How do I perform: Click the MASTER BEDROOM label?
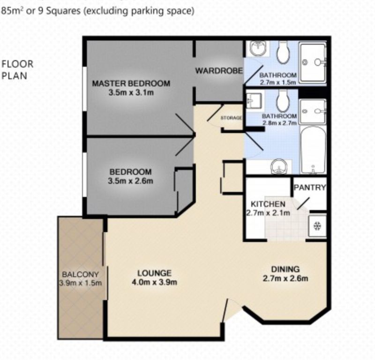coord(131,84)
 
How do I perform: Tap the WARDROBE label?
coord(219,71)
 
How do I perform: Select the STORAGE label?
coord(231,118)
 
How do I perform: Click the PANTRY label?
coord(310,187)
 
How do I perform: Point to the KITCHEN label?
coord(268,204)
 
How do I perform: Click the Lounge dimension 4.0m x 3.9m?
coord(154,283)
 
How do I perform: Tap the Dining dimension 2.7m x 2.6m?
coord(285,278)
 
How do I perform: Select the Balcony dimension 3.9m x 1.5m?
coord(80,283)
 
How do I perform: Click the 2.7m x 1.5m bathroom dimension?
coord(278,83)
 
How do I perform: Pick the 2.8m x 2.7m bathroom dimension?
coord(279,123)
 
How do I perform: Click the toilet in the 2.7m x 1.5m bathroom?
coord(283,53)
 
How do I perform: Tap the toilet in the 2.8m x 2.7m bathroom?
coord(283,101)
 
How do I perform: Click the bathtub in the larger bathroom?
coord(313,150)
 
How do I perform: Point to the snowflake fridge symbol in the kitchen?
coord(317,226)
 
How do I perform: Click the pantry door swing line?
coord(303,204)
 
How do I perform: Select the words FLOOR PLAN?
coord(17,70)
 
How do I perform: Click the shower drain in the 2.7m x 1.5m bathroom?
coord(305,62)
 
